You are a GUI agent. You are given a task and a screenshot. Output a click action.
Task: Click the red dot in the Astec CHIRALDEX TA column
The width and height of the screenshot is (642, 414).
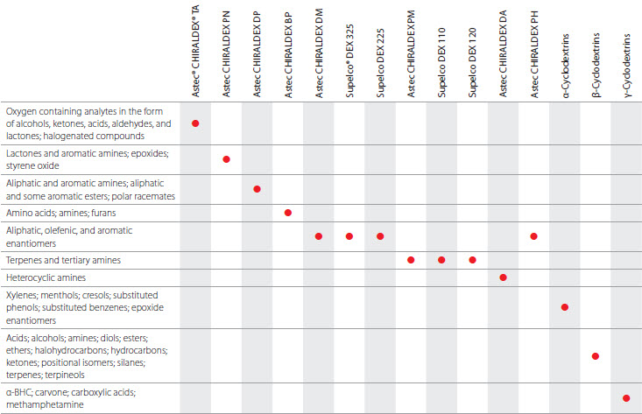pos(195,123)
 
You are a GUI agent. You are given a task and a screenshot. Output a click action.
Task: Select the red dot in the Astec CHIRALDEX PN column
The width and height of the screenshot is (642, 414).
pos(227,159)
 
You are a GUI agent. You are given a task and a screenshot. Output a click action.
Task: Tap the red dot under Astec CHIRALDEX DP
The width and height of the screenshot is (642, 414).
pos(257,190)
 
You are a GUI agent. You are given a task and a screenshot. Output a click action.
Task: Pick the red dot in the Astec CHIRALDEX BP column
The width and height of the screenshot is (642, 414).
pos(287,213)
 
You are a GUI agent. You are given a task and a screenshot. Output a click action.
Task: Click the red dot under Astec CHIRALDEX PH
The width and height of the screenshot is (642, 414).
pos(533,236)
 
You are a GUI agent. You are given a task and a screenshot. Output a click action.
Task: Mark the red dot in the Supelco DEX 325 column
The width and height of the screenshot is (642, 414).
pos(349,236)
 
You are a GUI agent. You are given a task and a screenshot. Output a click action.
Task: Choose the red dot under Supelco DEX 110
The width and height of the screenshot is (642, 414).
pos(441,260)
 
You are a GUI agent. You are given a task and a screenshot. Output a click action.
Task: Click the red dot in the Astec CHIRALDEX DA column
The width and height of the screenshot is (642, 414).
pos(503,277)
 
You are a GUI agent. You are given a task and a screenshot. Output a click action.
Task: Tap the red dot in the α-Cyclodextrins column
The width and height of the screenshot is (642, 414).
pos(565,307)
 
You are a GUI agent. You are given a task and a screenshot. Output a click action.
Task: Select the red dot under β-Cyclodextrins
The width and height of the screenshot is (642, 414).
pos(596,356)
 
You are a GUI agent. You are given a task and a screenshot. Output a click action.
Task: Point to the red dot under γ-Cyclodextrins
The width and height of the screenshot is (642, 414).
pos(626,398)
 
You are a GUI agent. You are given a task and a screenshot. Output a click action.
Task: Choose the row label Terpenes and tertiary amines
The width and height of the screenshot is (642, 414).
pos(63,260)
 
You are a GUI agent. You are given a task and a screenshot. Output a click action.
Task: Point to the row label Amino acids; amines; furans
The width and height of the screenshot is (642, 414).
pos(56,213)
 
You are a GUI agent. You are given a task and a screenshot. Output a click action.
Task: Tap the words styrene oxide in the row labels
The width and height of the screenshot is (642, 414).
pos(31,165)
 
